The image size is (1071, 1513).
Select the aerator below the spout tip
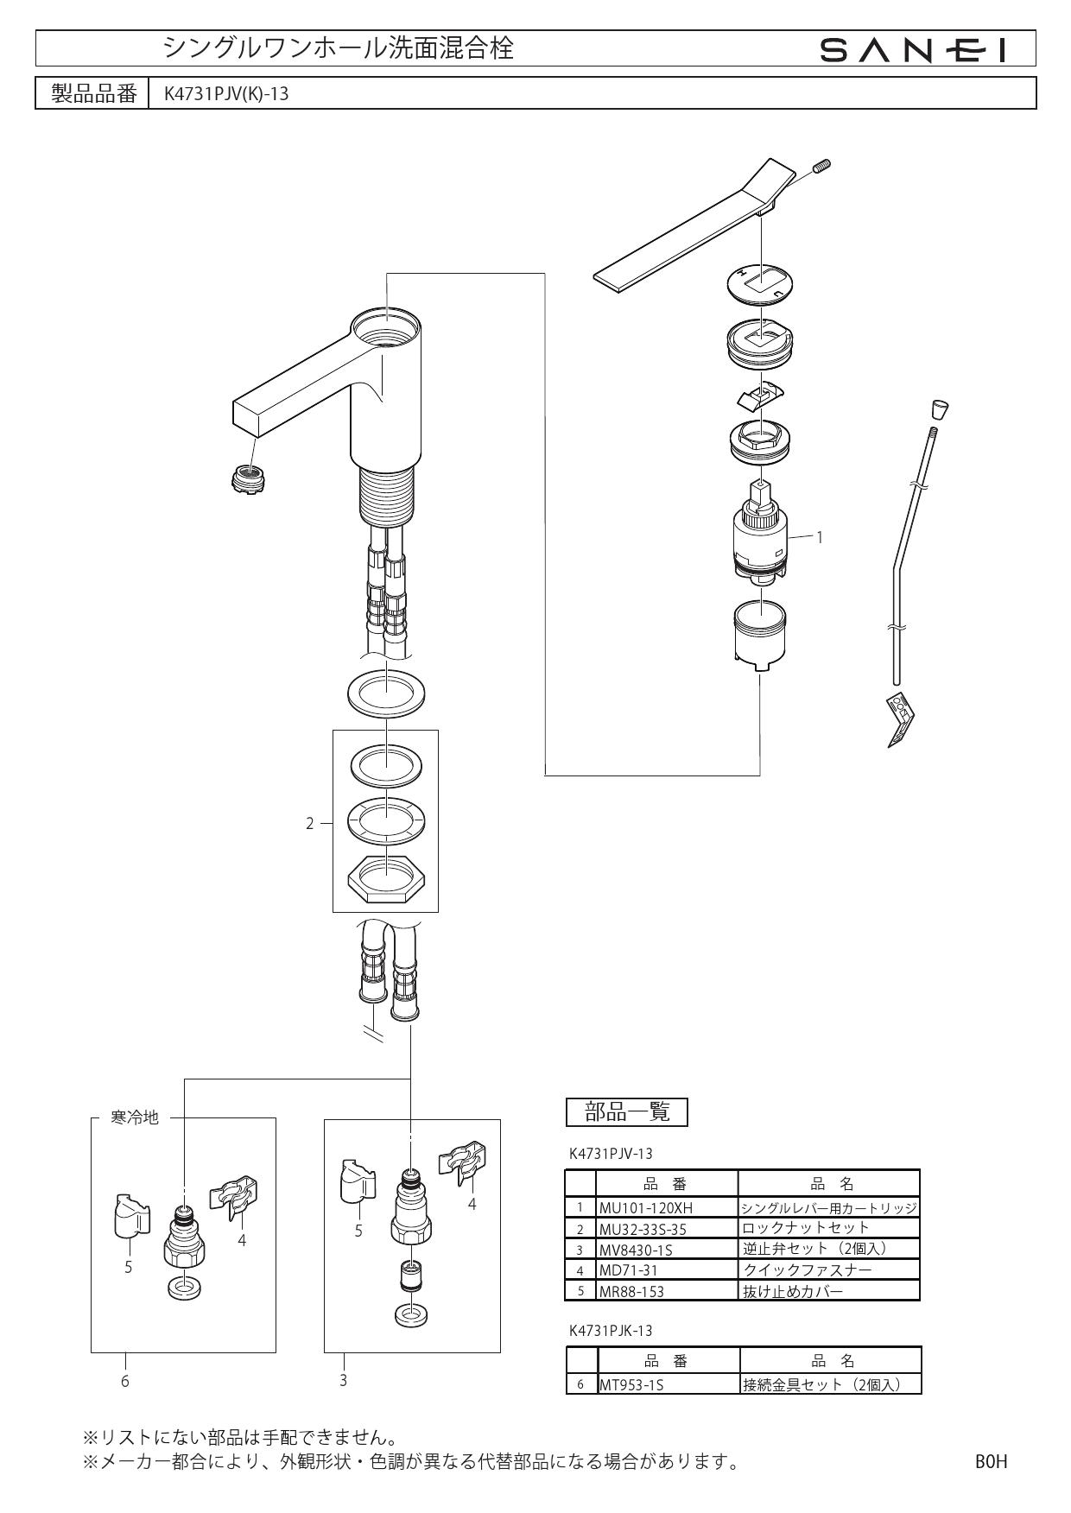(248, 478)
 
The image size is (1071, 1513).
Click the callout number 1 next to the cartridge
(819, 537)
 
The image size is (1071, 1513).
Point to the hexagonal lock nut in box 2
(385, 879)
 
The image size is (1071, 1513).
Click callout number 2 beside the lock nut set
(310, 823)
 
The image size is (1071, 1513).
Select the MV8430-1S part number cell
(637, 1250)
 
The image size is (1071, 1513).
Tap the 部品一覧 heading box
(627, 1112)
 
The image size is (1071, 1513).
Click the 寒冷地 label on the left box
(135, 1117)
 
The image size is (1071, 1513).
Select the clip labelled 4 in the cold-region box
(235, 1197)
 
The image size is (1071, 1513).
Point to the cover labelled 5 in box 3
(355, 1181)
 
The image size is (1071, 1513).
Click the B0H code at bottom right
(991, 1461)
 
